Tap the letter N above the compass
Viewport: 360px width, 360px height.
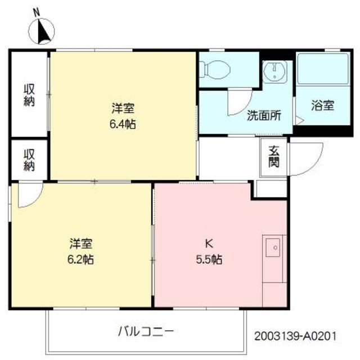[x=37, y=11]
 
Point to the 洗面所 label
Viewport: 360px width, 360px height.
[x=263, y=116]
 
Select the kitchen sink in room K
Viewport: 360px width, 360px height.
[x=274, y=247]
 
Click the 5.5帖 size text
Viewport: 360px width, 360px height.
[x=209, y=260]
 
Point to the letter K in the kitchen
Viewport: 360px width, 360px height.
[x=208, y=244]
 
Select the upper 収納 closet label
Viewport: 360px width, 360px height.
[x=29, y=95]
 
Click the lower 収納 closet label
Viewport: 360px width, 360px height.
[x=29, y=159]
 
